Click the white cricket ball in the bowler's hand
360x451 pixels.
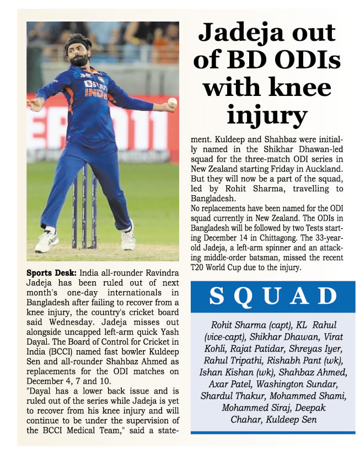coord(173,101)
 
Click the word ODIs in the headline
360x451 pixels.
coord(303,61)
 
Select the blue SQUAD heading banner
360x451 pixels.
coord(273,297)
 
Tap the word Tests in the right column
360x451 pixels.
coord(325,229)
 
